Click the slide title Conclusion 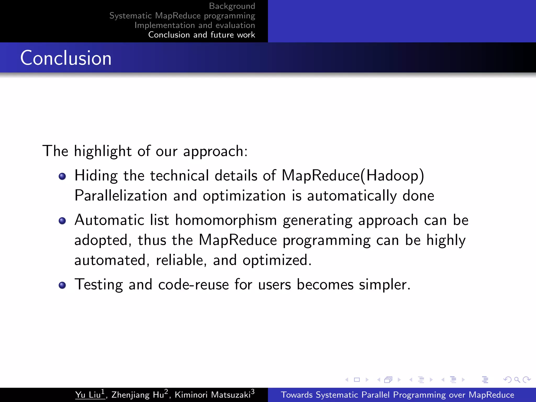(66, 58)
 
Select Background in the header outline (232, 6)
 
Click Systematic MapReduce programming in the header (182, 16)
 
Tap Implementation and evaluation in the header (195, 25)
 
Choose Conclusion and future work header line (202, 35)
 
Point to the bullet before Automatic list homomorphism (62, 221)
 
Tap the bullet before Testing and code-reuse (62, 285)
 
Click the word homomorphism (226, 220)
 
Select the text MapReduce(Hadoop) (353, 176)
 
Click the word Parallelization (121, 196)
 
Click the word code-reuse (193, 284)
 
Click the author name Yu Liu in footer (88, 395)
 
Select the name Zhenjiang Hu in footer (138, 395)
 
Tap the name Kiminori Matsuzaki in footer (213, 395)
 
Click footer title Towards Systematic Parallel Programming (397, 395)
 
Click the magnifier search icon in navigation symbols (517, 379)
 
